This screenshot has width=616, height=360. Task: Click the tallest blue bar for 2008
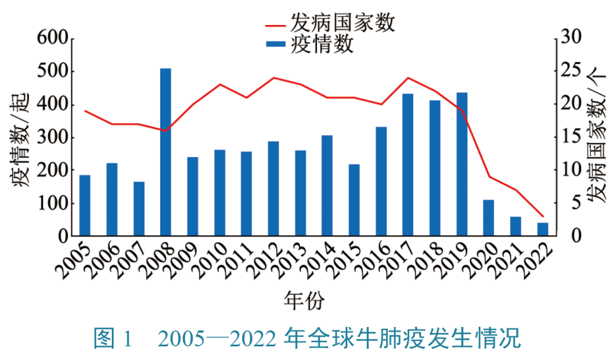[x=165, y=152]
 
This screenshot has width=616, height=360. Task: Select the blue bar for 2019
[x=462, y=164]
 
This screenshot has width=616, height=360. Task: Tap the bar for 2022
[x=542, y=229]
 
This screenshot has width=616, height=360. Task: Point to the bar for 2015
[x=354, y=200]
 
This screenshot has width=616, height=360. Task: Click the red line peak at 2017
[x=408, y=78]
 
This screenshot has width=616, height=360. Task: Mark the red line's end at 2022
[x=542, y=217]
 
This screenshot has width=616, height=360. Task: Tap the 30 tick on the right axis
[x=572, y=39]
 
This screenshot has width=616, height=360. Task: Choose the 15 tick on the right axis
[x=572, y=137]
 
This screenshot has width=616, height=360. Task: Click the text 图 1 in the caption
[x=112, y=339]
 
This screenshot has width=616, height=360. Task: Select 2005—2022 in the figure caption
[x=217, y=339]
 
